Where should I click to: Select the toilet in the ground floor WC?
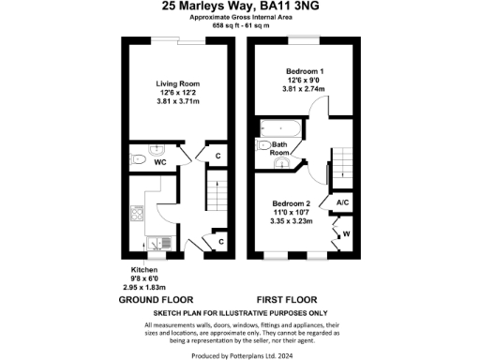click(x=138, y=152)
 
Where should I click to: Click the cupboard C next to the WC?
click(x=218, y=157)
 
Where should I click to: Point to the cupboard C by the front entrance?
click(x=221, y=242)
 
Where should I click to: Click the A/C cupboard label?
click(x=342, y=202)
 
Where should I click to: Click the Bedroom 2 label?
click(x=291, y=203)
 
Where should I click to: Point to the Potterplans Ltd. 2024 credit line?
click(x=241, y=355)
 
